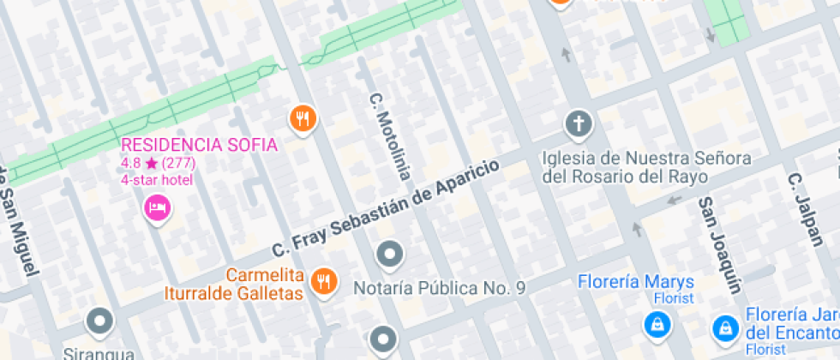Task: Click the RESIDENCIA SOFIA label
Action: pyautogui.click(x=199, y=144)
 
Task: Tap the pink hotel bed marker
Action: pyautogui.click(x=156, y=207)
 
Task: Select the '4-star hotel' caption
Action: pyautogui.click(x=157, y=180)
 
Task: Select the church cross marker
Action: pyautogui.click(x=579, y=124)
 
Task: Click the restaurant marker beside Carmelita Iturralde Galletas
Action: pyautogui.click(x=323, y=279)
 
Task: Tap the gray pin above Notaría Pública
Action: pyautogui.click(x=390, y=254)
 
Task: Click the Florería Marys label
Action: pyautogui.click(x=636, y=282)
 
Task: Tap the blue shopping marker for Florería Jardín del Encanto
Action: pyautogui.click(x=726, y=327)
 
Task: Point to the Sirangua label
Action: pyautogui.click(x=99, y=353)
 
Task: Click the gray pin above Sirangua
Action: pyautogui.click(x=100, y=321)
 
